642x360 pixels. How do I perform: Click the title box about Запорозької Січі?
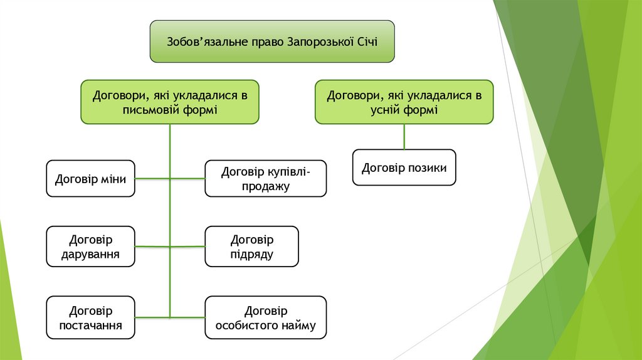(x=272, y=41)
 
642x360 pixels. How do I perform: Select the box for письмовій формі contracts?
(x=170, y=102)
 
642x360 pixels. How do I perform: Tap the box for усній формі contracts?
(x=404, y=102)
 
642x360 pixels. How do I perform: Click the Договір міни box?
(x=91, y=179)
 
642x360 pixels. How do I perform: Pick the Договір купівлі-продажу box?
(x=266, y=179)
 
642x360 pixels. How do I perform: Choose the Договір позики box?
(x=404, y=167)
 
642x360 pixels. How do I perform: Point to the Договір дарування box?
(x=91, y=246)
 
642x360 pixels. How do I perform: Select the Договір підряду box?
(x=252, y=246)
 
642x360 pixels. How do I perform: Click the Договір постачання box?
(x=91, y=318)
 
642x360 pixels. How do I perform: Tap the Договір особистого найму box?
(x=266, y=318)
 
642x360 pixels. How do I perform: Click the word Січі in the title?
(x=367, y=42)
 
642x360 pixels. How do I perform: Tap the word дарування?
(x=91, y=255)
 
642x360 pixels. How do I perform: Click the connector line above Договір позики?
(x=404, y=136)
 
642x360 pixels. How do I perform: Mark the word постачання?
(x=91, y=326)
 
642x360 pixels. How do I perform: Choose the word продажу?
(x=266, y=186)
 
